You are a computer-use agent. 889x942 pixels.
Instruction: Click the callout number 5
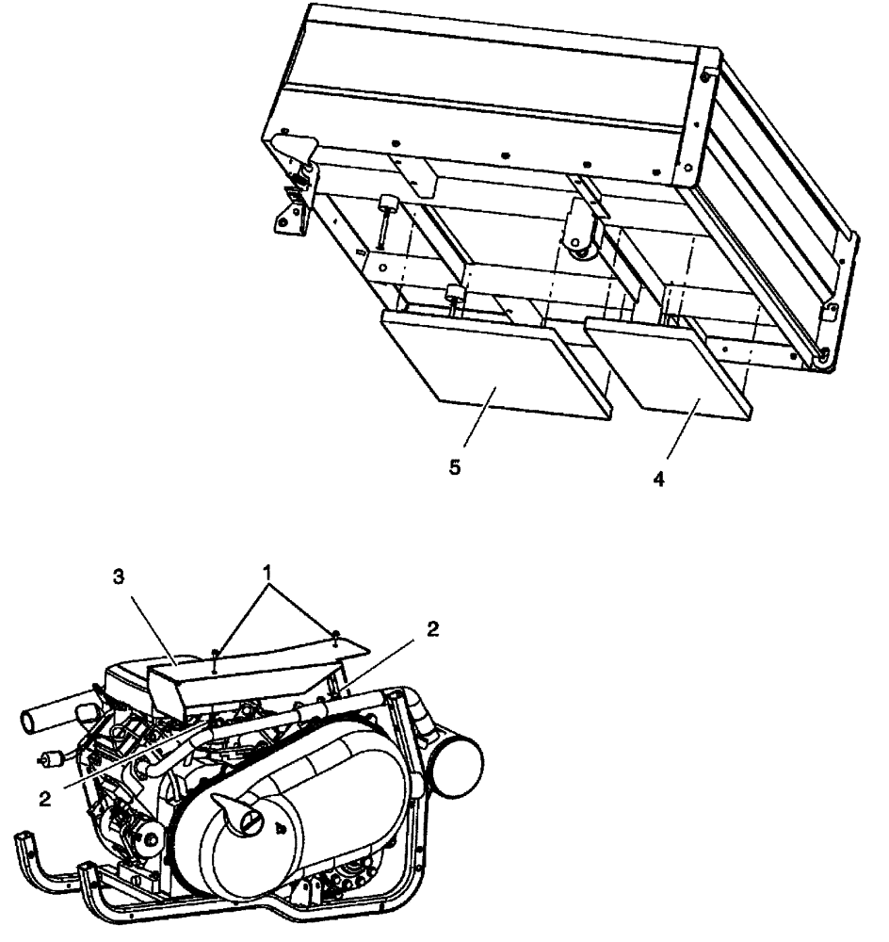click(455, 467)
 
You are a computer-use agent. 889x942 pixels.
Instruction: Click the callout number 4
click(659, 478)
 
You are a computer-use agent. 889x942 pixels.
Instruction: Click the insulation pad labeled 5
click(490, 363)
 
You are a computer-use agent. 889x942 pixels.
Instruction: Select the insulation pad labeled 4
click(664, 365)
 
